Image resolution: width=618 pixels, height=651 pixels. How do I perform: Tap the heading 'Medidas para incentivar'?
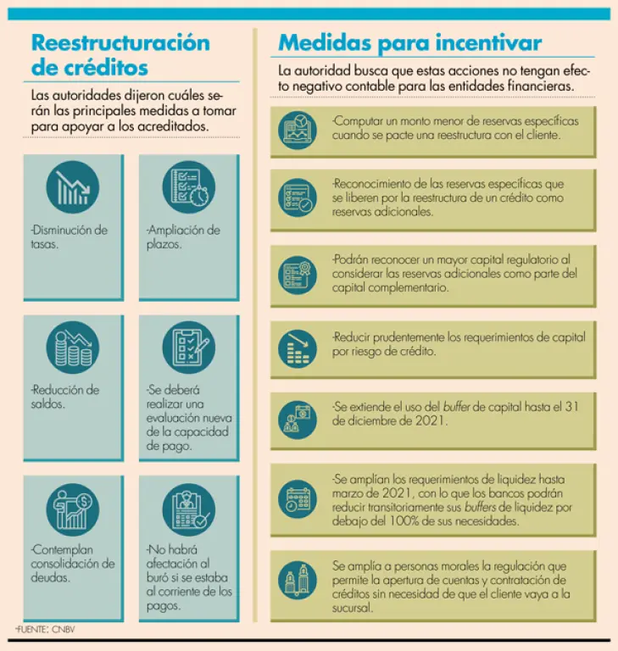tap(410, 42)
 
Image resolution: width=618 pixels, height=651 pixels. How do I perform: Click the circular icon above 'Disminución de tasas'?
tap(72, 187)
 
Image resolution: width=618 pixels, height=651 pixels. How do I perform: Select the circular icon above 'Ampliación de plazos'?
tap(188, 187)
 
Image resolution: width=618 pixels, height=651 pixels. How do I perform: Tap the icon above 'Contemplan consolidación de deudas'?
tap(72, 509)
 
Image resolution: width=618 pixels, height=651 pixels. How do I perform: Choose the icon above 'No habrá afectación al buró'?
tap(188, 509)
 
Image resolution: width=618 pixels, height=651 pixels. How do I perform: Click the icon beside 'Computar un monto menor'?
tap(298, 130)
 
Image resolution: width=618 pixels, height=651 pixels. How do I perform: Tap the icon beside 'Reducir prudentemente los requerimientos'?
tap(298, 347)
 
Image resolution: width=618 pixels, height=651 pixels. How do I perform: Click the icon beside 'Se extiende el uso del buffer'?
tap(298, 418)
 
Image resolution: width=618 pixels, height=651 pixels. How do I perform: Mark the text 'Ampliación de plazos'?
tap(182, 236)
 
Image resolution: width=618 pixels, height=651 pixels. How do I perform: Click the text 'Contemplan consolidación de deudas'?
tap(72, 564)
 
